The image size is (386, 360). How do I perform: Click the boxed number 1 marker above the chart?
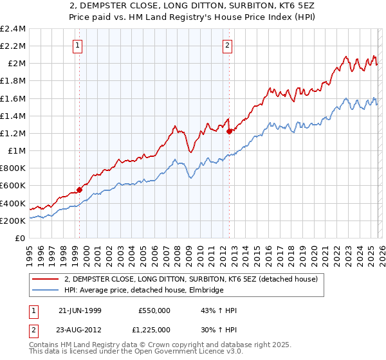click(77, 45)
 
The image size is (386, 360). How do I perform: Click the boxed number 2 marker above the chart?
click(228, 45)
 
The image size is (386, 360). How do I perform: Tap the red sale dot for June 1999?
click(80, 190)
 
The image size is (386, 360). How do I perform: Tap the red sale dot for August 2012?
click(230, 131)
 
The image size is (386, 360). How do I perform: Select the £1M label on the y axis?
click(17, 150)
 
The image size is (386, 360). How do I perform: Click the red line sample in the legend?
click(46, 279)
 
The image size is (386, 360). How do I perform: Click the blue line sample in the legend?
click(46, 290)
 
